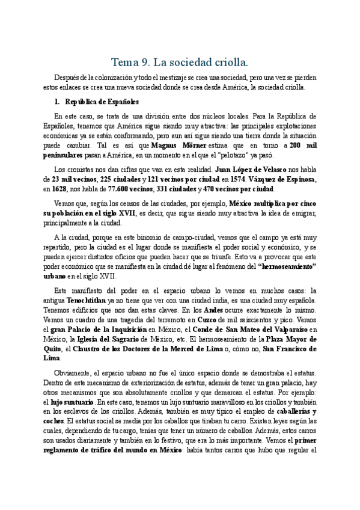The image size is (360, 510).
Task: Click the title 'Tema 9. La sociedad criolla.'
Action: (180, 62)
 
